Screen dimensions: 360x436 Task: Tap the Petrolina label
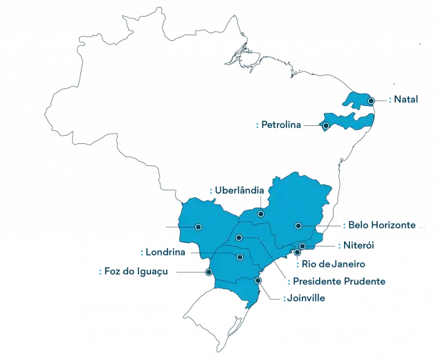tap(282, 125)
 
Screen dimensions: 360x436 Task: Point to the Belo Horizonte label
tap(382, 226)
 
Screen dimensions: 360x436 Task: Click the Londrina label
tap(167, 252)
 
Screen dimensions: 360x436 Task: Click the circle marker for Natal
tap(372, 101)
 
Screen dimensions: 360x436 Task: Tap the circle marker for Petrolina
tap(325, 125)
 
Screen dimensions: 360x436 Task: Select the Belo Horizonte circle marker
tap(298, 226)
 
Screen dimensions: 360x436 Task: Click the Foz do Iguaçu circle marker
tap(209, 273)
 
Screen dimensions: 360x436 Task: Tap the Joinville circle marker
tap(258, 280)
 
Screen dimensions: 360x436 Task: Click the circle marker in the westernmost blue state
tap(199, 226)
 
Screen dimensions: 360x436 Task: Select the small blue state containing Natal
tap(360, 100)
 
